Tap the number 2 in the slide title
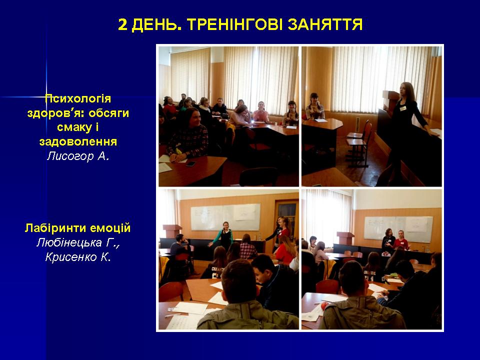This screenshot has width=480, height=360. (122, 24)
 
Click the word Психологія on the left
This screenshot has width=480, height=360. (78, 99)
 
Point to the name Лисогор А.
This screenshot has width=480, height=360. (78, 156)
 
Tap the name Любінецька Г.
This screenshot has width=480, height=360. (78, 242)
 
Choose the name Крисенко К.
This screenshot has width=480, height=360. (78, 257)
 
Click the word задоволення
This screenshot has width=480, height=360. (78, 142)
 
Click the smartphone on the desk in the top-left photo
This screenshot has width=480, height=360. (190, 164)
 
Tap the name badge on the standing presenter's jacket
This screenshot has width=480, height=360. (403, 108)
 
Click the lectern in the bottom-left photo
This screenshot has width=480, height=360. (172, 231)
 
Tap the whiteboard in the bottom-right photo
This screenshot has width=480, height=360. (398, 228)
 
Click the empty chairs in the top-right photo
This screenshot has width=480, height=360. (359, 143)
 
